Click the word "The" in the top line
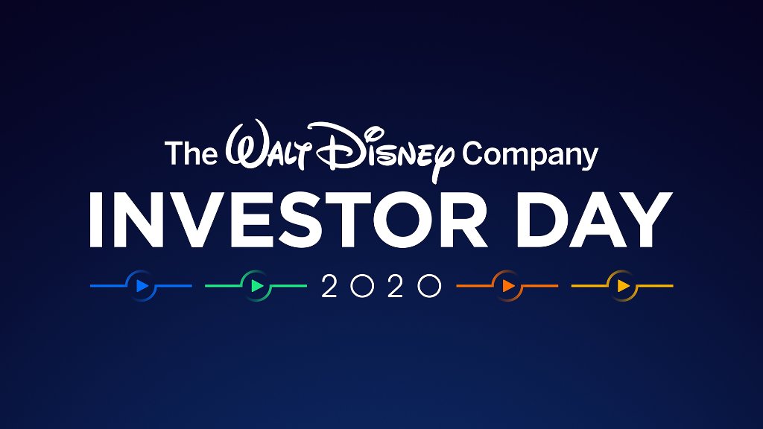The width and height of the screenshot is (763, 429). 191,153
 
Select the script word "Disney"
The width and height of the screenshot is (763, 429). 384,153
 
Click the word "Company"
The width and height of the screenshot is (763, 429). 530,155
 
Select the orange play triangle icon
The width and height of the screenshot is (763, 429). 508,285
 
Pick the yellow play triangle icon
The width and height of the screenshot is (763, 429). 623,285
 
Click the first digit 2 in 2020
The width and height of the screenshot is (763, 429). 329,286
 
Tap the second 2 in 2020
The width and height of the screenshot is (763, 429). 395,286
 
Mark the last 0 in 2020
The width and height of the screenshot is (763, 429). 428,286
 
